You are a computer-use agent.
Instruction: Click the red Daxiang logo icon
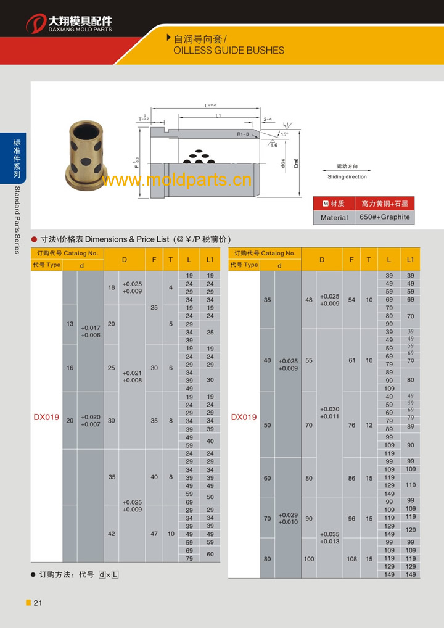pyautogui.click(x=36, y=25)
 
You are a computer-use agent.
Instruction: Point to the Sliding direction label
pyautogui.click(x=347, y=177)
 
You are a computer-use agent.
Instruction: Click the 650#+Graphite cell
pyautogui.click(x=384, y=217)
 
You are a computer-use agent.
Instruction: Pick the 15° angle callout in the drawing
pyautogui.click(x=284, y=134)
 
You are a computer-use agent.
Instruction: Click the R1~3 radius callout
pyautogui.click(x=243, y=133)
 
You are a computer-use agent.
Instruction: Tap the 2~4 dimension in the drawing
pyautogui.click(x=268, y=119)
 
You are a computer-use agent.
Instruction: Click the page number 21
pyautogui.click(x=38, y=603)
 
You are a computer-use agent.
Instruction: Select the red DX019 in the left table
pyautogui.click(x=46, y=417)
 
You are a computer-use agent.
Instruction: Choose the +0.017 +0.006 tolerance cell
pyautogui.click(x=91, y=331)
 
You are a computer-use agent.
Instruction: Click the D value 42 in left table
pyautogui.click(x=112, y=534)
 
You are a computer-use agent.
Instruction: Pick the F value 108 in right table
pyautogui.click(x=351, y=558)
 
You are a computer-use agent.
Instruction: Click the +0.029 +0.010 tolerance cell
pyautogui.click(x=287, y=518)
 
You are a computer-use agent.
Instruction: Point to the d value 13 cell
pyautogui.click(x=70, y=324)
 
